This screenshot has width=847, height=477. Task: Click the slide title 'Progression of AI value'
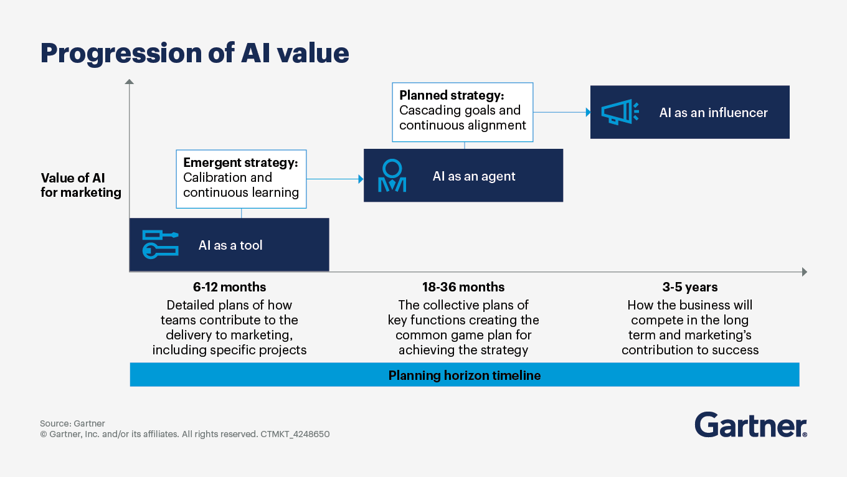tap(194, 54)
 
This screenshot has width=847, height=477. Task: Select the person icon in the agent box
tap(392, 176)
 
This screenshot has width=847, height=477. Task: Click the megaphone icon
tap(620, 112)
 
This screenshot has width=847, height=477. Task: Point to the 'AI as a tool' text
tap(230, 245)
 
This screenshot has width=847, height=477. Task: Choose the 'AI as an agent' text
tap(474, 176)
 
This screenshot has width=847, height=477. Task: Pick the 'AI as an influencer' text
tap(713, 113)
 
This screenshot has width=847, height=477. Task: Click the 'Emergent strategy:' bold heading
tap(240, 163)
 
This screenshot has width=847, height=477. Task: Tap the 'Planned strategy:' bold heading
tap(452, 95)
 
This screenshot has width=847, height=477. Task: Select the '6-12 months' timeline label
tap(229, 287)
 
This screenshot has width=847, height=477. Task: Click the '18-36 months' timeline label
tap(463, 287)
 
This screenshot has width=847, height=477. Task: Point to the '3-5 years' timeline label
tap(690, 287)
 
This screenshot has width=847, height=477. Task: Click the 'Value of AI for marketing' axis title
tap(81, 185)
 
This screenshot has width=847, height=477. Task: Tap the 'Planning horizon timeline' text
tap(465, 375)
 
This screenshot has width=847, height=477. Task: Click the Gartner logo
tap(750, 425)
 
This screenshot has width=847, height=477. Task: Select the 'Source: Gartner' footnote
tap(72, 423)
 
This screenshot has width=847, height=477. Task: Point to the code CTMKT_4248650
tap(295, 434)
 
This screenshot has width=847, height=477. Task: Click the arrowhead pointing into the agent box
tap(360, 179)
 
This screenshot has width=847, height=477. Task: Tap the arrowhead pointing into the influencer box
tap(587, 113)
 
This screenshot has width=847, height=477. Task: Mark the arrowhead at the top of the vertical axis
tap(129, 82)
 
